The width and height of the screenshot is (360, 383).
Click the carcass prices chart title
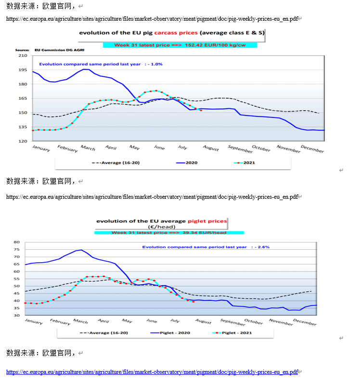pos(171,33)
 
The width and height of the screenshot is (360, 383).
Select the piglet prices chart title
pos(161,221)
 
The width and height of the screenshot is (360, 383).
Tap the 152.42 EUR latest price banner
pos(180,45)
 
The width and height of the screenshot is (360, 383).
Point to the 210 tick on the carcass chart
pos(23,56)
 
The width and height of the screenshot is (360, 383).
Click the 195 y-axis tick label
pos(23,70)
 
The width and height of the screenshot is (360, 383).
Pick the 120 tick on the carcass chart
pos(23,141)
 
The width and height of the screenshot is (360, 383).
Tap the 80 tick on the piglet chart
pos(16,242)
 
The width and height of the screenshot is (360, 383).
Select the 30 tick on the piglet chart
pos(16,316)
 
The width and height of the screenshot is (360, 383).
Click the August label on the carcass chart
pos(210,148)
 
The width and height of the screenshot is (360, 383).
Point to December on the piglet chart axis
pos(305,322)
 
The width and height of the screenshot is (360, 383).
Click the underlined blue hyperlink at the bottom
pos(152,372)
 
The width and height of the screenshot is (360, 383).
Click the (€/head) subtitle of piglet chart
pos(161,227)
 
